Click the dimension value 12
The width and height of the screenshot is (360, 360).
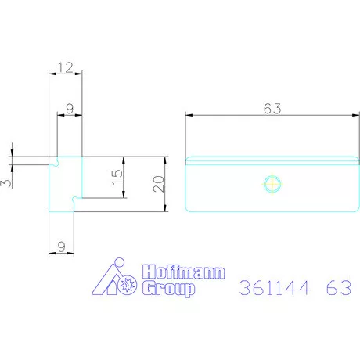pos(66,67)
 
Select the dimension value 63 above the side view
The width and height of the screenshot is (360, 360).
pos(272,109)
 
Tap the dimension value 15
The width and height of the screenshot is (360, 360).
pos(117,177)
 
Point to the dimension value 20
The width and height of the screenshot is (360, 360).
pos(159,184)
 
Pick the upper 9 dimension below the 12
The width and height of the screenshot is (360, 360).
pos(70,109)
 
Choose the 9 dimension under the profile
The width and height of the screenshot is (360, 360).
pos(62,247)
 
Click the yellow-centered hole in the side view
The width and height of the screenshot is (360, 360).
pos(272,184)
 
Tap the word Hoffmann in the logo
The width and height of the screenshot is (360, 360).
pos(184,272)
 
